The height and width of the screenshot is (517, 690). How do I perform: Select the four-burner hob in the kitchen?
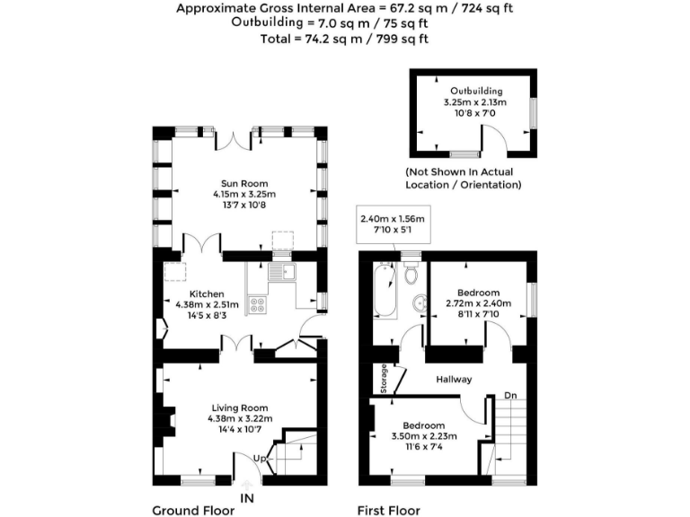[x=256, y=304]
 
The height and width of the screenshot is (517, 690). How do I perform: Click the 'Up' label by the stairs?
[x=261, y=459]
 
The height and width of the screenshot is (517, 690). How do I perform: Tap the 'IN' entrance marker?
[x=248, y=496]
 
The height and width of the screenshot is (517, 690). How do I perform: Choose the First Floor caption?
[x=389, y=510]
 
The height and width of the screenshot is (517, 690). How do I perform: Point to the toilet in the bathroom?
[x=411, y=274]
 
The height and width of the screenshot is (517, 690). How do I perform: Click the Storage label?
[x=384, y=378]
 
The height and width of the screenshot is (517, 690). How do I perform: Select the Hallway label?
[x=454, y=380]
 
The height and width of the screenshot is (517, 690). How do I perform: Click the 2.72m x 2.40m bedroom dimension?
[x=477, y=303]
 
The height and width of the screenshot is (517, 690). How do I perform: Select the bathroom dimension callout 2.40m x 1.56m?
[x=392, y=219]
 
